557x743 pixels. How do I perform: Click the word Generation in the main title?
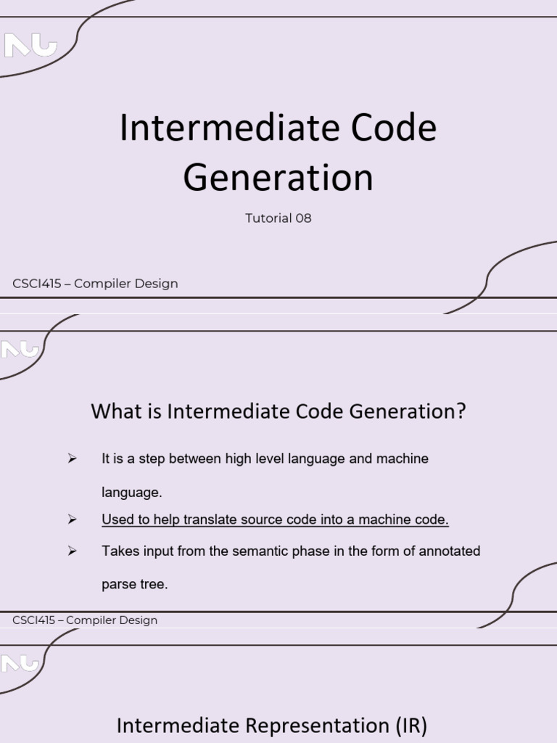coord(278,178)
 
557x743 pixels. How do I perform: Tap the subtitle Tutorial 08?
coord(278,218)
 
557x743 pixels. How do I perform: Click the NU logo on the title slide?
coord(30,46)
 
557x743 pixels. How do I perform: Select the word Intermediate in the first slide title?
coord(230,128)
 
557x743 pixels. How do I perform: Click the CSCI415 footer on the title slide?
coord(95,284)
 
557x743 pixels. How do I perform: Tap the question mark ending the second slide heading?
coord(461,411)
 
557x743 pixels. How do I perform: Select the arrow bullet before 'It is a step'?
coord(72,459)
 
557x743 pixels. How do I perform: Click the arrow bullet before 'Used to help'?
coord(72,520)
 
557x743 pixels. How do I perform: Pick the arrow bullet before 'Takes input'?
coord(72,551)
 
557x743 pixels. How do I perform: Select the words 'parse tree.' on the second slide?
coord(135,584)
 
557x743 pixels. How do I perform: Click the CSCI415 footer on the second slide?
coord(85,620)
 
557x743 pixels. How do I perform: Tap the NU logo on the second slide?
coord(19,350)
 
